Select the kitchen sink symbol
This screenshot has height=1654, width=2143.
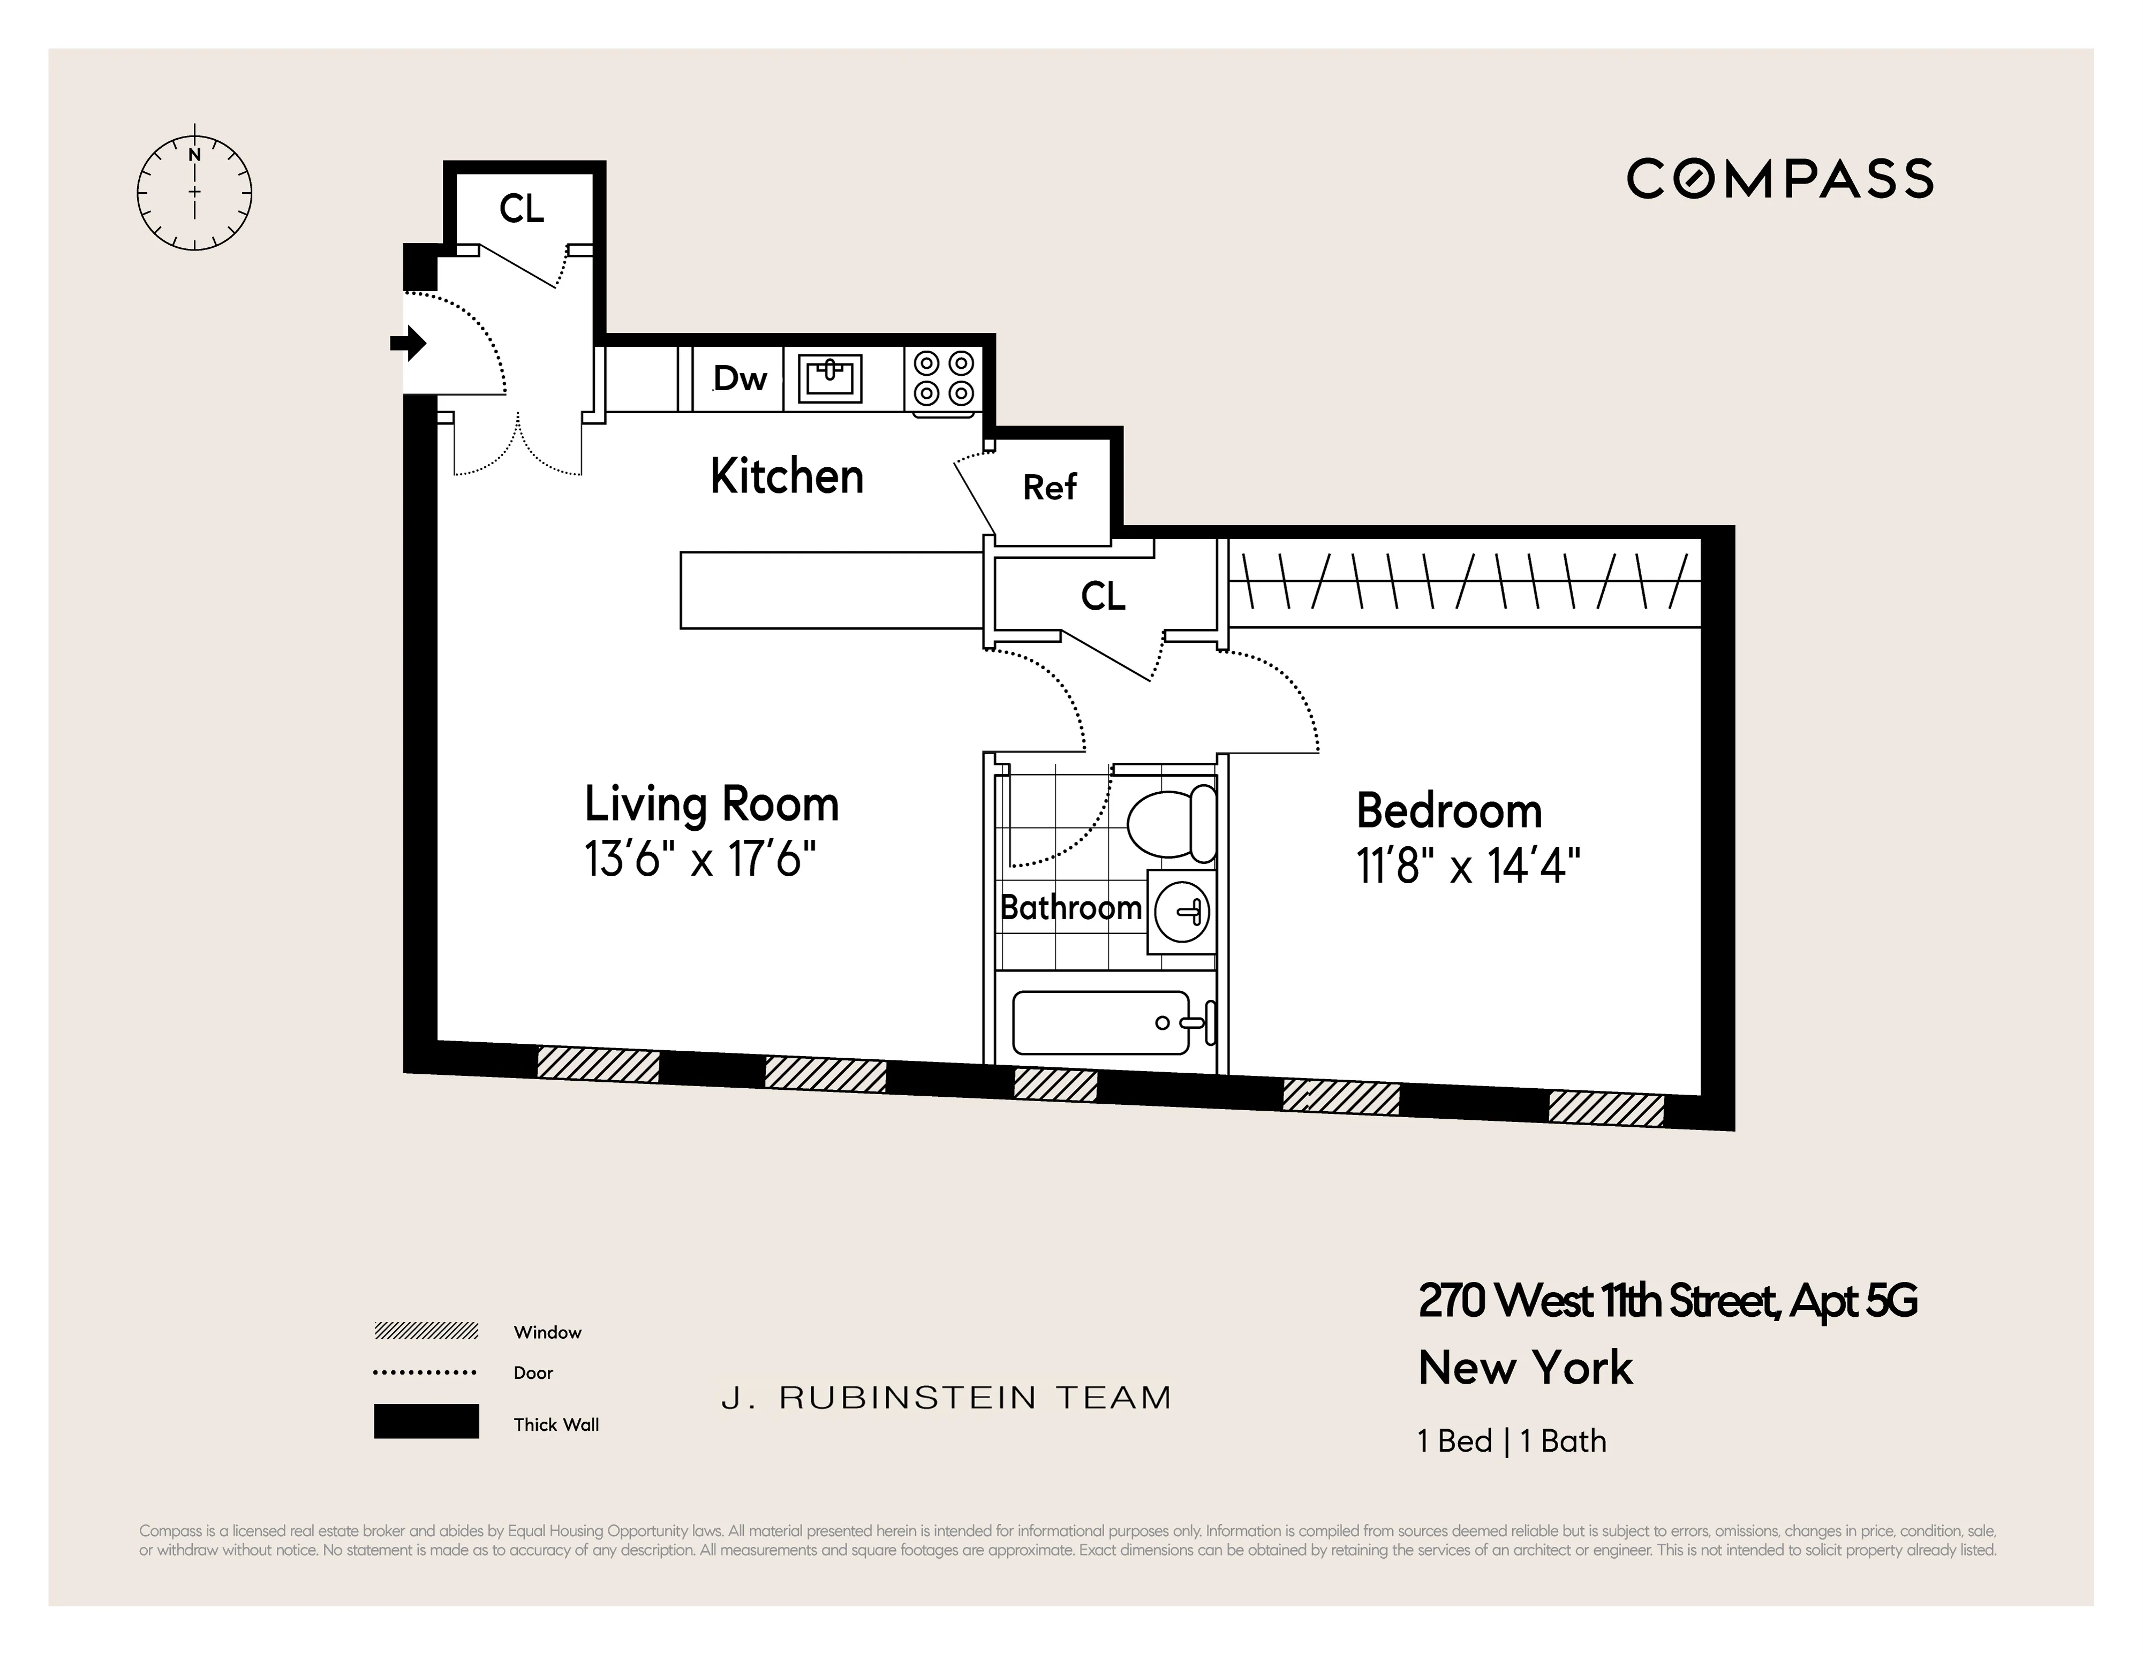(830, 378)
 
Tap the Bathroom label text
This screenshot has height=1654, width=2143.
(1070, 907)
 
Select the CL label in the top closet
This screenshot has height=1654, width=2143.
(521, 209)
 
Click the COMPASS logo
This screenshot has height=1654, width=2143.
(1779, 179)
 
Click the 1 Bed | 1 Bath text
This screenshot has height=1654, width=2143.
(1511, 1441)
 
